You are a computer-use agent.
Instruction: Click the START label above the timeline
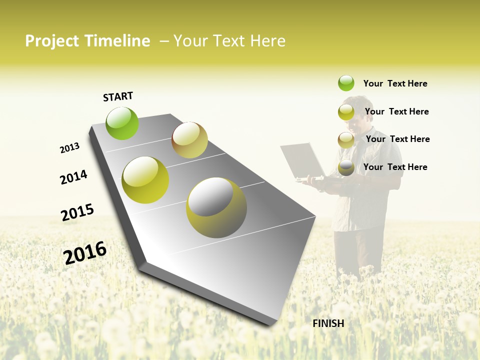pos(118,96)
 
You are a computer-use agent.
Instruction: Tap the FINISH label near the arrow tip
pos(328,323)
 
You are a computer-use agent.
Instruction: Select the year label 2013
pos(69,148)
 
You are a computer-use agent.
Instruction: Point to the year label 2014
pos(73,177)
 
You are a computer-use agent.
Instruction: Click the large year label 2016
pos(85,253)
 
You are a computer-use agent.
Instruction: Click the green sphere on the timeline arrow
pos(122,123)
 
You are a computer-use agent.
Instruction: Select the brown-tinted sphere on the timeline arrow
pos(189,140)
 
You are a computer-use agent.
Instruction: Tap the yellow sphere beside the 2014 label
pos(145,180)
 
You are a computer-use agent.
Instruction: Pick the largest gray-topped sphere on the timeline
pos(216,207)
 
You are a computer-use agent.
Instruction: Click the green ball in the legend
pos(346,83)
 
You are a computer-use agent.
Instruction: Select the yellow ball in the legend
pos(346,112)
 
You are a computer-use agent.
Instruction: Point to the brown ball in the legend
pos(346,140)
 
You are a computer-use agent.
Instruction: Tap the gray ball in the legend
pos(346,167)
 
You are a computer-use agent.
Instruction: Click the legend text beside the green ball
pos(395,83)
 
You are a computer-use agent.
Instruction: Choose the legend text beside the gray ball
pos(395,167)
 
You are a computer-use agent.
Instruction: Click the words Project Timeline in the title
pos(87,41)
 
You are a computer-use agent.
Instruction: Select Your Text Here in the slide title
pos(229,41)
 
